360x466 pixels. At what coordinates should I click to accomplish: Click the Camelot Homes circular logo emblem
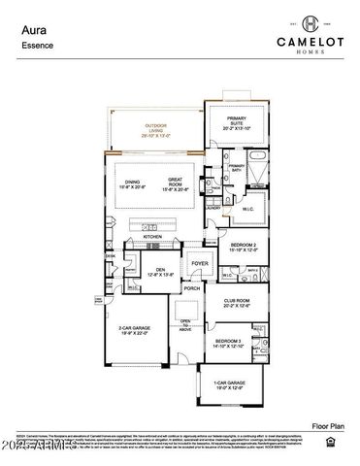click(309, 22)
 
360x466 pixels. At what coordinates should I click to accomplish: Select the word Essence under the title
click(37, 46)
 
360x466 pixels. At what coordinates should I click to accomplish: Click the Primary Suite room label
click(237, 123)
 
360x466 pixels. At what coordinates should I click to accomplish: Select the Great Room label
click(176, 182)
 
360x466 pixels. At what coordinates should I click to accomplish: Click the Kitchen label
click(153, 236)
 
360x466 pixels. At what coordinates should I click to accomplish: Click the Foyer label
click(199, 263)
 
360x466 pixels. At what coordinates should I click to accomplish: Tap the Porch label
click(192, 288)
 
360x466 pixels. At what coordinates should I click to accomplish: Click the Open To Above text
click(185, 324)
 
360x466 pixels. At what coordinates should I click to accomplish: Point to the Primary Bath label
click(236, 167)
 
